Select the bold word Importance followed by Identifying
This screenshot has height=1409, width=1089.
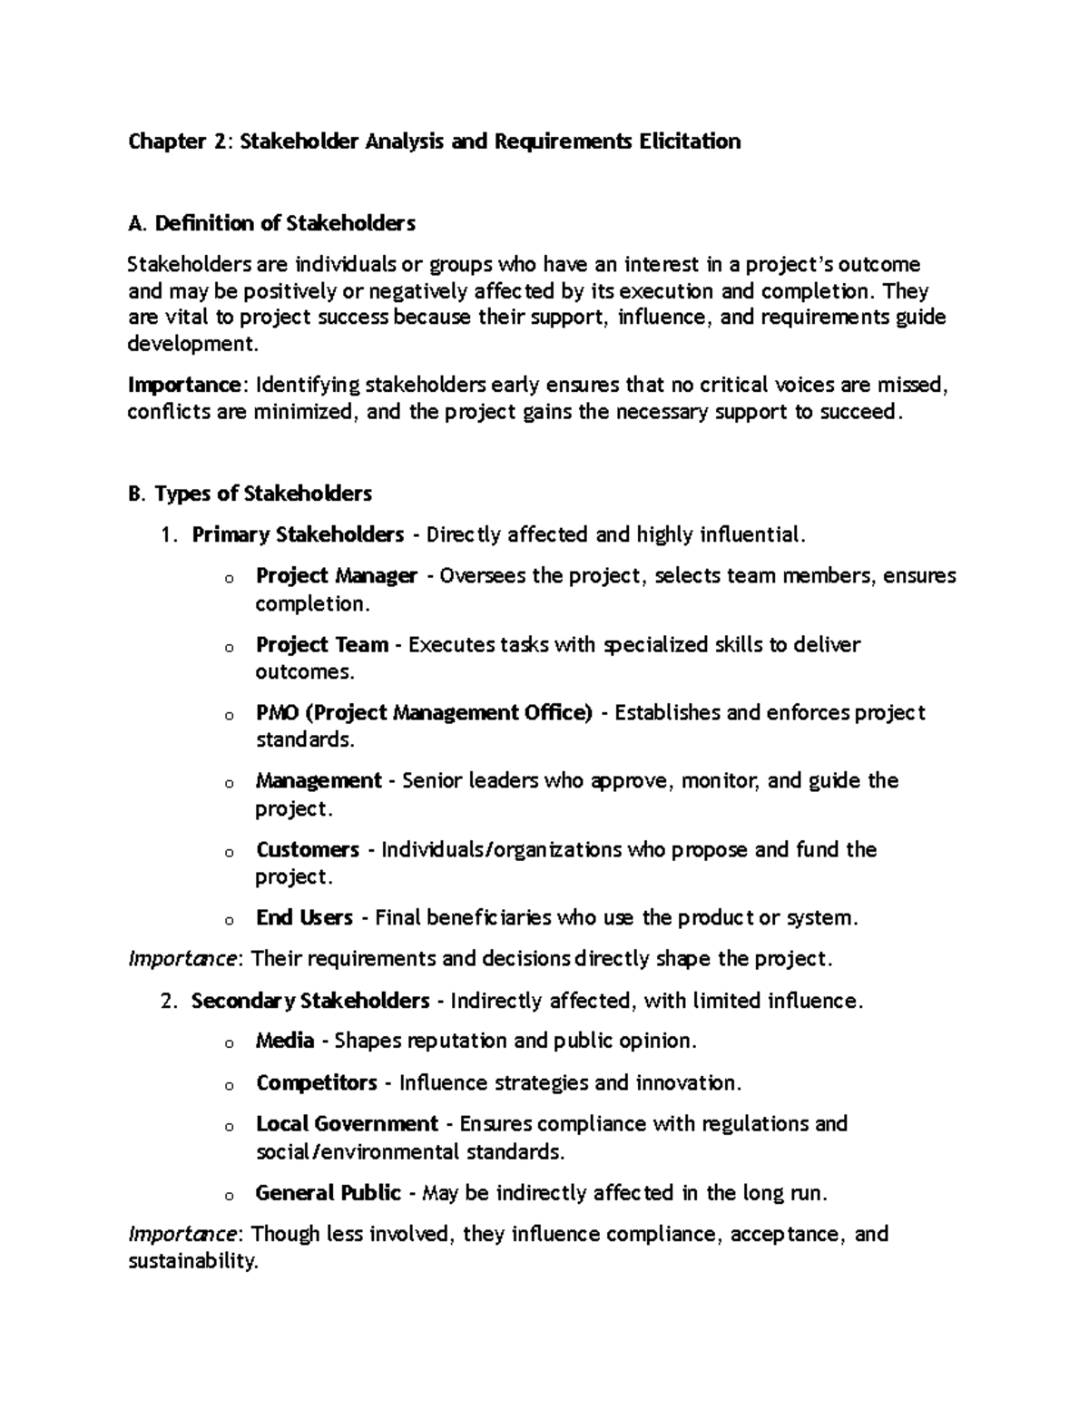point(185,386)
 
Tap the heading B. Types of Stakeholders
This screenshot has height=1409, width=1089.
point(250,494)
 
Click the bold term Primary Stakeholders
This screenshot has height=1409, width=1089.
point(298,534)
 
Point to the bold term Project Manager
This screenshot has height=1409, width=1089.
point(336,576)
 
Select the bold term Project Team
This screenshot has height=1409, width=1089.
point(322,645)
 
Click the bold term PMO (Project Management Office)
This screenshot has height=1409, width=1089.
point(424,713)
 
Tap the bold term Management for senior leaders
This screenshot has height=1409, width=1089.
point(319,781)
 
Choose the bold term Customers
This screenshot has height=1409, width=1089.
point(308,850)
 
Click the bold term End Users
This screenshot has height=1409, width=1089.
point(304,918)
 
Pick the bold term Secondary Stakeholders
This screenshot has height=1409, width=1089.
point(310,1001)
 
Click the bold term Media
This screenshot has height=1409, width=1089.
point(285,1041)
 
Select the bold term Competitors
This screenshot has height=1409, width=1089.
point(317,1083)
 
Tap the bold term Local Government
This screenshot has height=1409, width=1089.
point(347,1124)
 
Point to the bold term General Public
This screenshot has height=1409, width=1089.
point(329,1193)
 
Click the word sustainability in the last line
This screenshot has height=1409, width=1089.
point(193,1262)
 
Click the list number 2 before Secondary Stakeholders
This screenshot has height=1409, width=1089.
point(166,1002)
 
